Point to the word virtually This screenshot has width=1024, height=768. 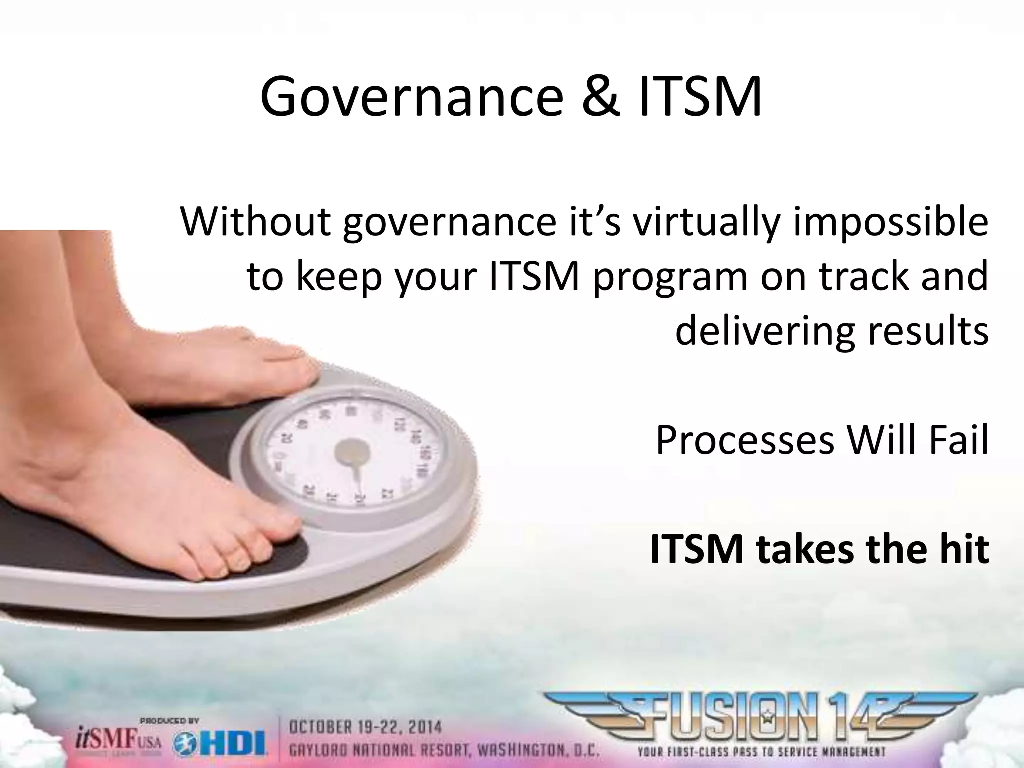705,223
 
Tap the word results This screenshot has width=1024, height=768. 925,331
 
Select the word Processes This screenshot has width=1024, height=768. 745,440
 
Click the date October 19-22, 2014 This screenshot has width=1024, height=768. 365,726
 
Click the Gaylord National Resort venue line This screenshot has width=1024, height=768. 444,750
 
